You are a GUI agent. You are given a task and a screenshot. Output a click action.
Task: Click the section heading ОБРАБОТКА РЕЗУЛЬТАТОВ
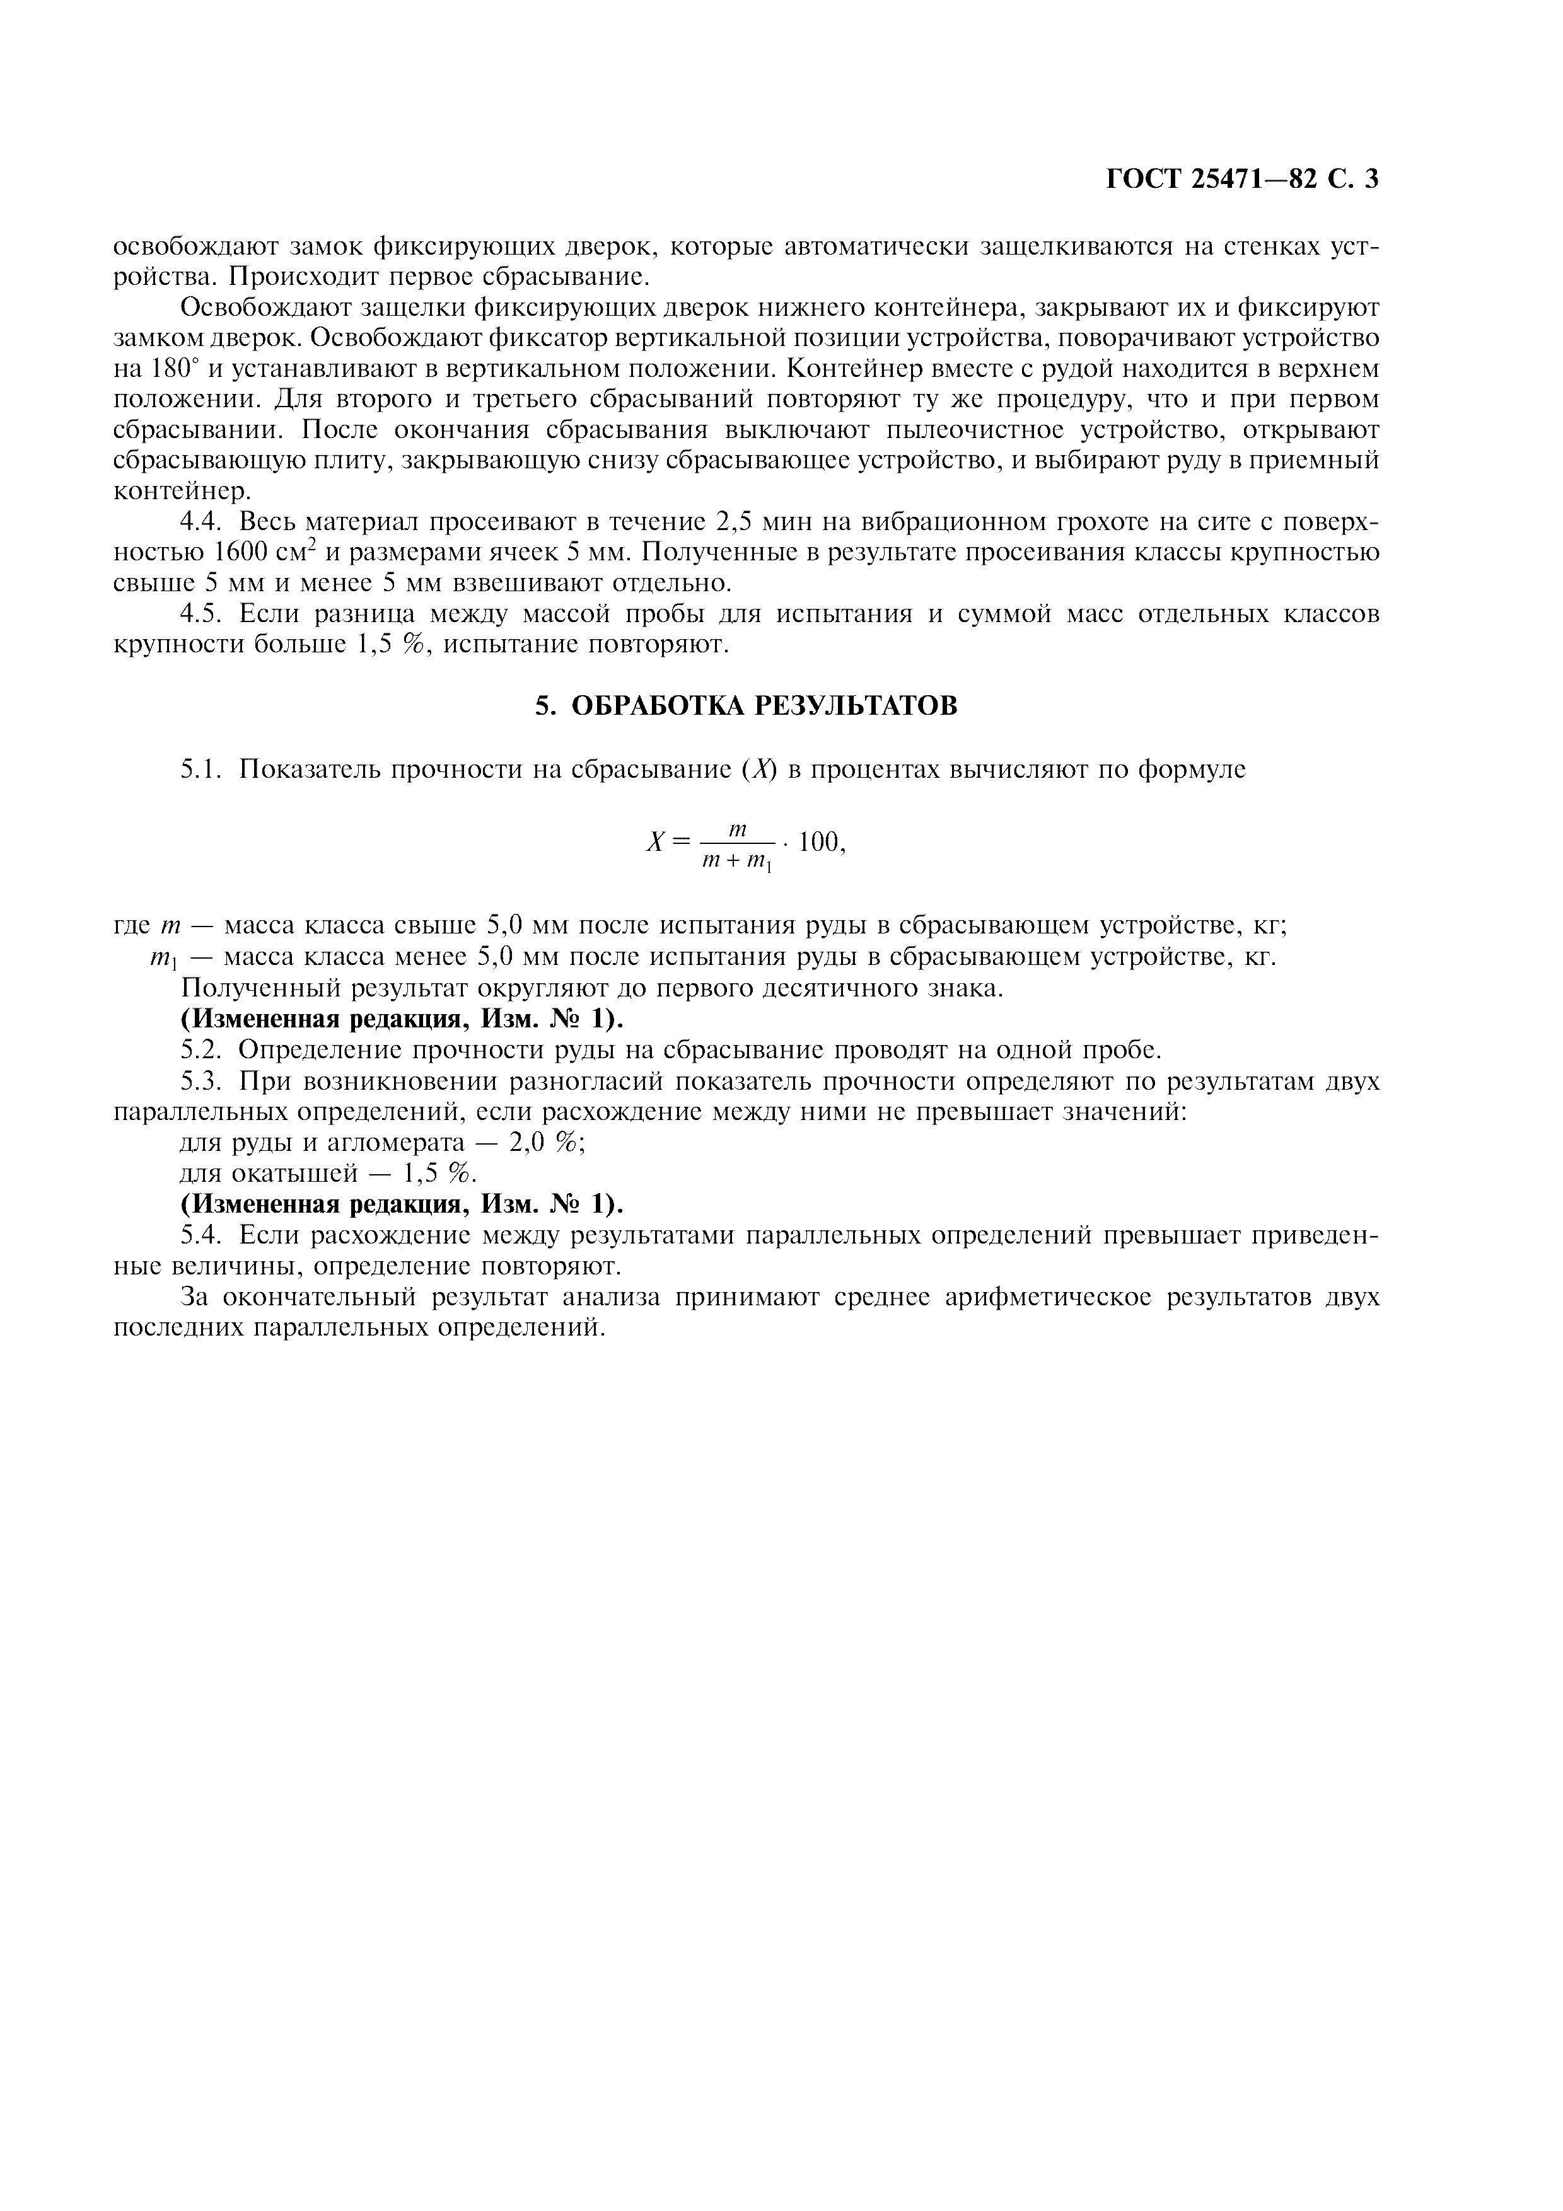click(765, 706)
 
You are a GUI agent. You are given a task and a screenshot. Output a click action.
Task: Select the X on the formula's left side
click(655, 843)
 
